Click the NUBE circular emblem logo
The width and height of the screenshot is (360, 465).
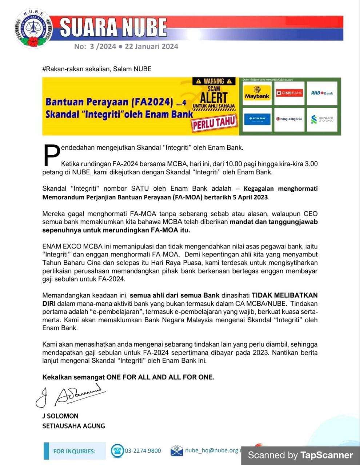click(x=33, y=29)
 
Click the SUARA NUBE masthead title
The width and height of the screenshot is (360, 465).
click(x=113, y=27)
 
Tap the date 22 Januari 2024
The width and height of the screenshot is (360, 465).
click(x=151, y=46)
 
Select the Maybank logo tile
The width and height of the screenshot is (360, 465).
click(x=257, y=93)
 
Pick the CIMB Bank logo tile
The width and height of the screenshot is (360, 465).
click(x=289, y=93)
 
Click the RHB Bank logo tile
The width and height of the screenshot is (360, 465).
click(x=322, y=93)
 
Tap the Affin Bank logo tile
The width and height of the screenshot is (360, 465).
click(x=257, y=119)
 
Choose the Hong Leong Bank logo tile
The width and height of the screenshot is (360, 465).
click(x=289, y=119)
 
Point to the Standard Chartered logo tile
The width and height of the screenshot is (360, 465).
click(x=322, y=119)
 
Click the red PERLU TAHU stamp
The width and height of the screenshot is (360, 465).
click(x=214, y=123)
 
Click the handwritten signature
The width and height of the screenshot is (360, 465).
click(x=71, y=396)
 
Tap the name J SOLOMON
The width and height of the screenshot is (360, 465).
click(x=60, y=416)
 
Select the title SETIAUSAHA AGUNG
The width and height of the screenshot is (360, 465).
click(x=73, y=426)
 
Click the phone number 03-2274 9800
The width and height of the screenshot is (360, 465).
click(x=143, y=451)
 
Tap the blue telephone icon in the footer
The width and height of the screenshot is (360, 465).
click(x=117, y=451)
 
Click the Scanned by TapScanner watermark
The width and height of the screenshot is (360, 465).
click(x=300, y=455)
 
